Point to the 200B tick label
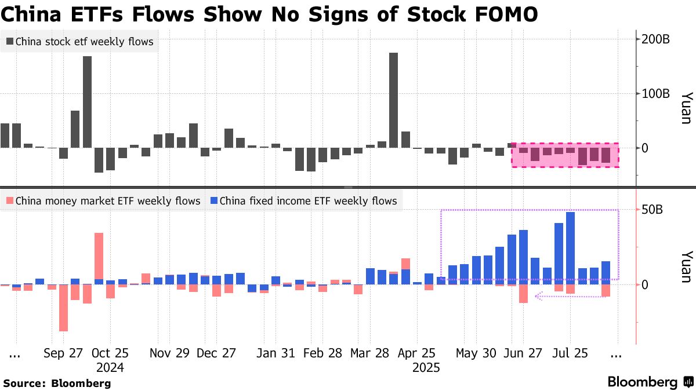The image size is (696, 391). click(655, 39)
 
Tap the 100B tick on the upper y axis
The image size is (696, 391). click(655, 93)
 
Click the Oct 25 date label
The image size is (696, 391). click(110, 353)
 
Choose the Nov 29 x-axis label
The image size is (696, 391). click(170, 353)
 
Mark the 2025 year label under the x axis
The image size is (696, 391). click(426, 367)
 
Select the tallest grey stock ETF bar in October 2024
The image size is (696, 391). click(88, 101)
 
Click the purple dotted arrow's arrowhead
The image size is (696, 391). click(538, 297)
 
